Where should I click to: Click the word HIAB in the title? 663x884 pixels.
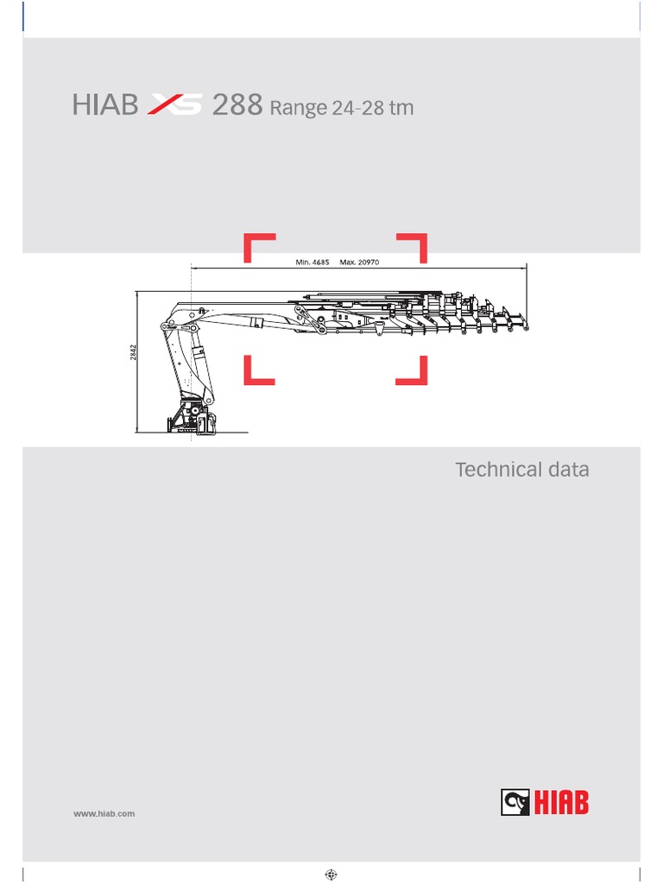pyautogui.click(x=105, y=106)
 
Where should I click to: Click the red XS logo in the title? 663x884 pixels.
pyautogui.click(x=175, y=106)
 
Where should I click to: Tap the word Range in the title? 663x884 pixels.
pyautogui.click(x=299, y=109)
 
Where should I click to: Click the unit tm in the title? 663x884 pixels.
pyautogui.click(x=401, y=108)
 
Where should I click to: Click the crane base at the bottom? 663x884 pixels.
pyautogui.click(x=195, y=421)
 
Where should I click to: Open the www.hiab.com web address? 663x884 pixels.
pyautogui.click(x=104, y=813)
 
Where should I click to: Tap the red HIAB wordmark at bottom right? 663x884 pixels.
pyautogui.click(x=560, y=803)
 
